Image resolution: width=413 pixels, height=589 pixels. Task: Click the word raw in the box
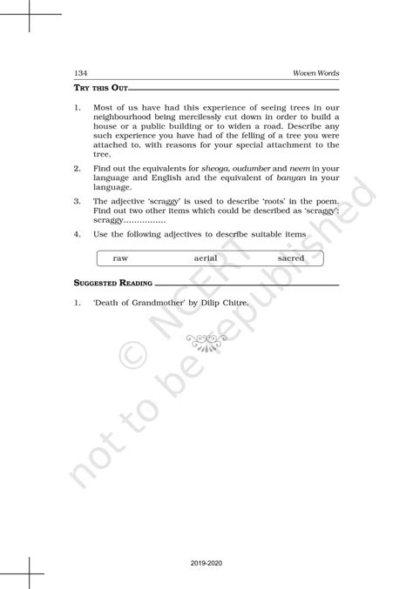tap(121, 258)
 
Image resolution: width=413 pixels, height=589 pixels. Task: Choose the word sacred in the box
tap(291, 258)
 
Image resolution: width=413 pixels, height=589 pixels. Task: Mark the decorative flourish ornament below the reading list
tap(206, 342)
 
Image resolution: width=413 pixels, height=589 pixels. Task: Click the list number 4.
tap(78, 235)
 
